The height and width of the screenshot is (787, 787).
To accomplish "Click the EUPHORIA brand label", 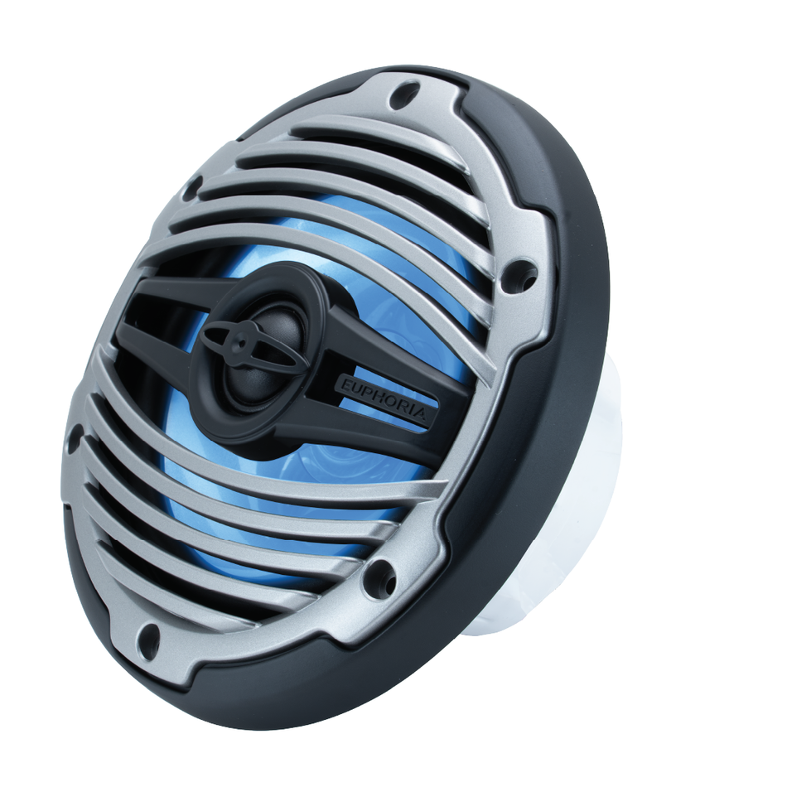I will click(382, 400).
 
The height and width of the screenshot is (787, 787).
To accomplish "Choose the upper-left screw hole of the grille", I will click(193, 187).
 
